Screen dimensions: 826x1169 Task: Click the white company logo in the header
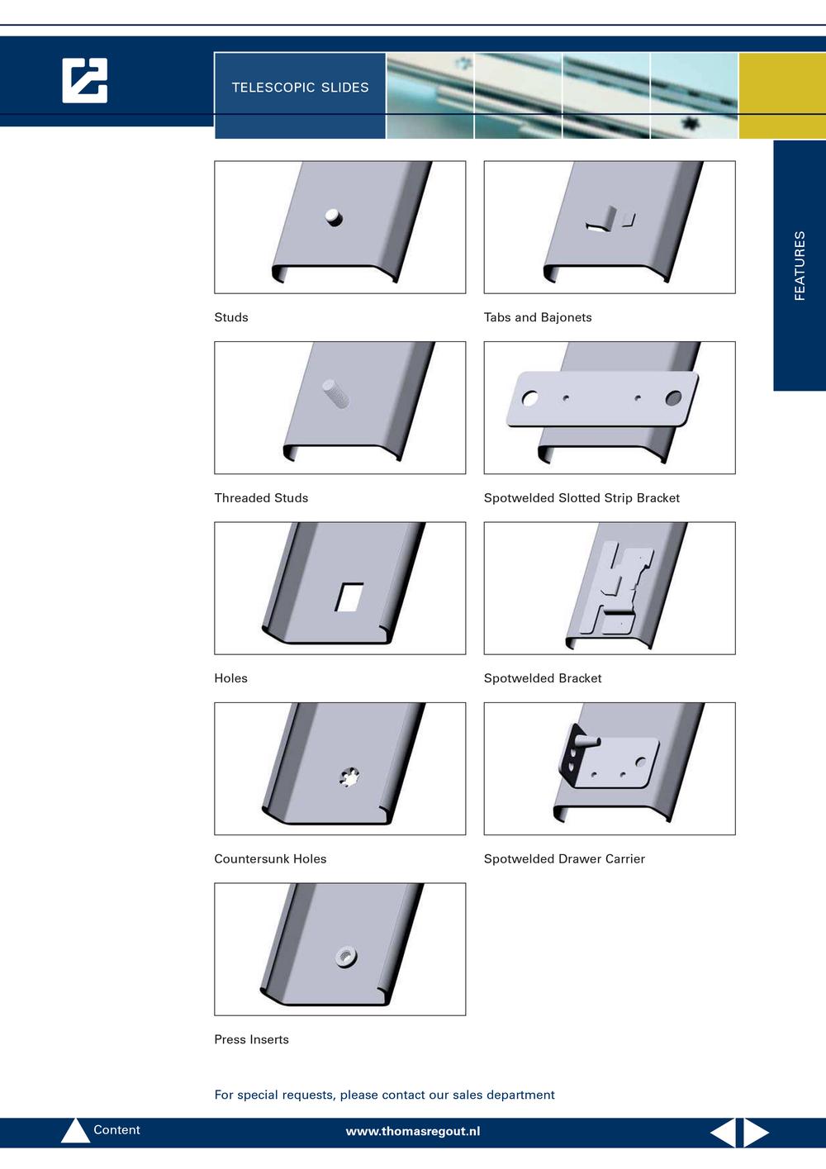[84, 80]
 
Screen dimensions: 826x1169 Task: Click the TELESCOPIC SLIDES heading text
[300, 87]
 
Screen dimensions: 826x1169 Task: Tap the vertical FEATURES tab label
[799, 266]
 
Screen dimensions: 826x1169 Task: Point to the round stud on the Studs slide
[334, 216]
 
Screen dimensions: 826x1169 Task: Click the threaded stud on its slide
[335, 393]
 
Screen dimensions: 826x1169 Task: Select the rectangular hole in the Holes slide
[349, 597]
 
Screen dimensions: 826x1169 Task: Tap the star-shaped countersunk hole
[349, 777]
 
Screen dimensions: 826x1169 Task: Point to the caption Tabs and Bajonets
[538, 317]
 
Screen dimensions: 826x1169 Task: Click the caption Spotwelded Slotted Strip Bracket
[582, 498]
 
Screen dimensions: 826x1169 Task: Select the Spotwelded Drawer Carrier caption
[564, 859]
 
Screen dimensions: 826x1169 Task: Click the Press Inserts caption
[251, 1039]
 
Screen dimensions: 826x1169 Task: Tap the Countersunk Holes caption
[270, 859]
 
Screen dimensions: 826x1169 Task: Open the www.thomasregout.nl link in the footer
[413, 1132]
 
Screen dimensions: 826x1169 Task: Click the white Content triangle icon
[76, 1131]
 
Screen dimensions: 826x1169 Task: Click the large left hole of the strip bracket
[529, 398]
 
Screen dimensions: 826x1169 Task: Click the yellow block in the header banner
[782, 96]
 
